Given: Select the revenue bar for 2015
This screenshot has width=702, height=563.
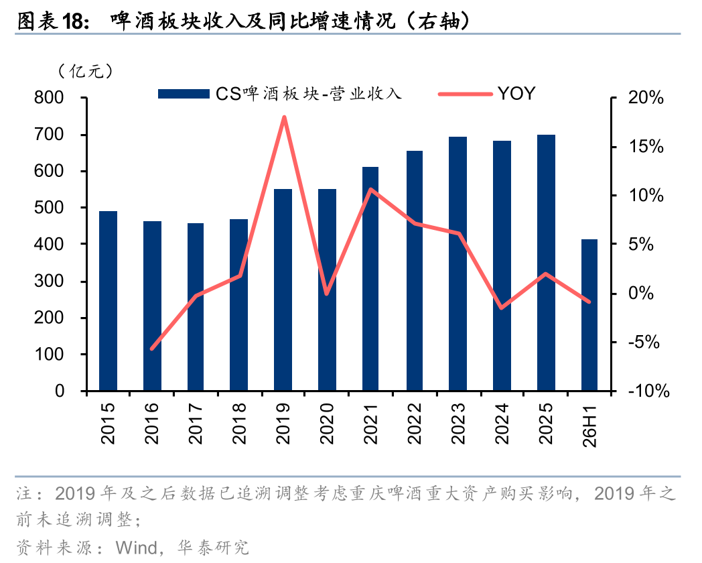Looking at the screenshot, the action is (x=108, y=301).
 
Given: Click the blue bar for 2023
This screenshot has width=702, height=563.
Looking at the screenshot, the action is (x=458, y=264).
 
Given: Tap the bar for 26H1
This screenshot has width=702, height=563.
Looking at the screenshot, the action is (x=589, y=315).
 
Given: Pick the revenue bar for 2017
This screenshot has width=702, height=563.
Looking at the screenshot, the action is (x=196, y=307).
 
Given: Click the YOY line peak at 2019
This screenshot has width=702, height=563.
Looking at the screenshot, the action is (x=284, y=117).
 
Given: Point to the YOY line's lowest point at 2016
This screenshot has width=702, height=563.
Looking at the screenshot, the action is (x=152, y=348).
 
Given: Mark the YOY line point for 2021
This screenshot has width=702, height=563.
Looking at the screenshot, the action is (x=370, y=189).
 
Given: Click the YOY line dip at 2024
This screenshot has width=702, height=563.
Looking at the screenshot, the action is (x=502, y=308).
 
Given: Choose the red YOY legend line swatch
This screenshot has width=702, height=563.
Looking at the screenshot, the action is (x=465, y=94).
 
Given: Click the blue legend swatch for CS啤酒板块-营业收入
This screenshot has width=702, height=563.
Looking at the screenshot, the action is (x=184, y=94).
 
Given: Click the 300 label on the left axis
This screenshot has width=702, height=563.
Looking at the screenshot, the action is (x=49, y=281).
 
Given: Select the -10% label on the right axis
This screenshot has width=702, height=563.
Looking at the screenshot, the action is (x=648, y=391).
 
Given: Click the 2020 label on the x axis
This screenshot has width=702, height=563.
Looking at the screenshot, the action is (x=327, y=424).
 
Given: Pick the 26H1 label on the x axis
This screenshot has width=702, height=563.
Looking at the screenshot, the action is (x=589, y=426).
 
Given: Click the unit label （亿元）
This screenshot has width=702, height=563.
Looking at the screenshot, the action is (x=85, y=71).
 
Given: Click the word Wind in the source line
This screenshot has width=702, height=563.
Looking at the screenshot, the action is (x=136, y=548).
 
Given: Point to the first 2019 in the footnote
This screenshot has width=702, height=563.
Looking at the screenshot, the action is (x=75, y=493).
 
